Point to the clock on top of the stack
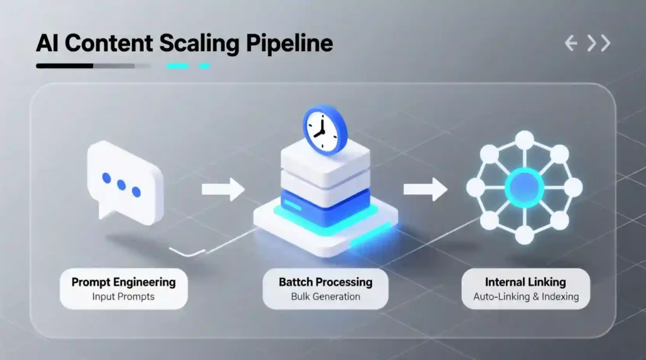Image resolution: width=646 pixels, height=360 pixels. pos(325,129)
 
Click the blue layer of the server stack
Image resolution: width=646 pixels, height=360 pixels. pos(324,207)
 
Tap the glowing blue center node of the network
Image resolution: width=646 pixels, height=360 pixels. pos(524,187)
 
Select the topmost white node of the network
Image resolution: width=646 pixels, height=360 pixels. pos(524,139)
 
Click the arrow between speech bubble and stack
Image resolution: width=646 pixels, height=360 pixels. pos(222,189)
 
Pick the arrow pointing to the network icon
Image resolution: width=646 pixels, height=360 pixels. pos(425,189)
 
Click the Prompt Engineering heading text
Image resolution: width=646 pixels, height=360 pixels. pos(123,282)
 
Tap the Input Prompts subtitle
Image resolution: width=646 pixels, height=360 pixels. pos(123,296)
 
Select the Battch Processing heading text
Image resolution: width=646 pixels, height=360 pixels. pos(325,282)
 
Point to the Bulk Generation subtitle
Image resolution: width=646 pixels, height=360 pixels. pos(325,296)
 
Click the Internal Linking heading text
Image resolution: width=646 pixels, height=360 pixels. pos(525,282)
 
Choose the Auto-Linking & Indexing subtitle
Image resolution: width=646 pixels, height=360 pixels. pos(525,296)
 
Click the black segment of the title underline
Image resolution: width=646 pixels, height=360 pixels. pos(65,66)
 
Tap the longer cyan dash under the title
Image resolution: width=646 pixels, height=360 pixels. pos(177,66)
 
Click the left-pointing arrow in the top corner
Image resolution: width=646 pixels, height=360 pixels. pos(572,44)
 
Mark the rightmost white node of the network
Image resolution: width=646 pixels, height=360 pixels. pos(573,187)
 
